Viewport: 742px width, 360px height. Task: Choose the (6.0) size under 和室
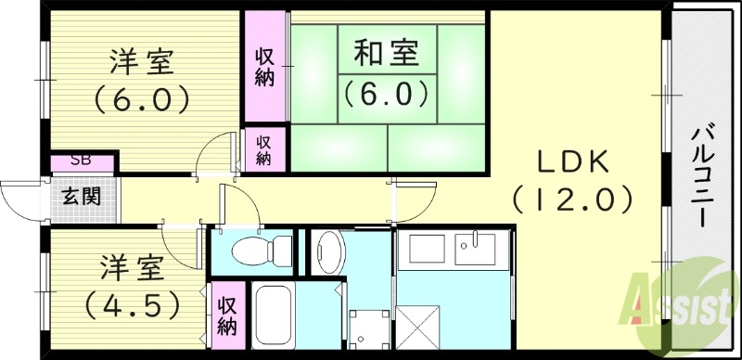pyautogui.click(x=386, y=92)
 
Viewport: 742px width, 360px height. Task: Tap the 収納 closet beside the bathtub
pyautogui.click(x=227, y=315)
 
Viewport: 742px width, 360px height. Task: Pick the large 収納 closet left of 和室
pyautogui.click(x=264, y=66)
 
